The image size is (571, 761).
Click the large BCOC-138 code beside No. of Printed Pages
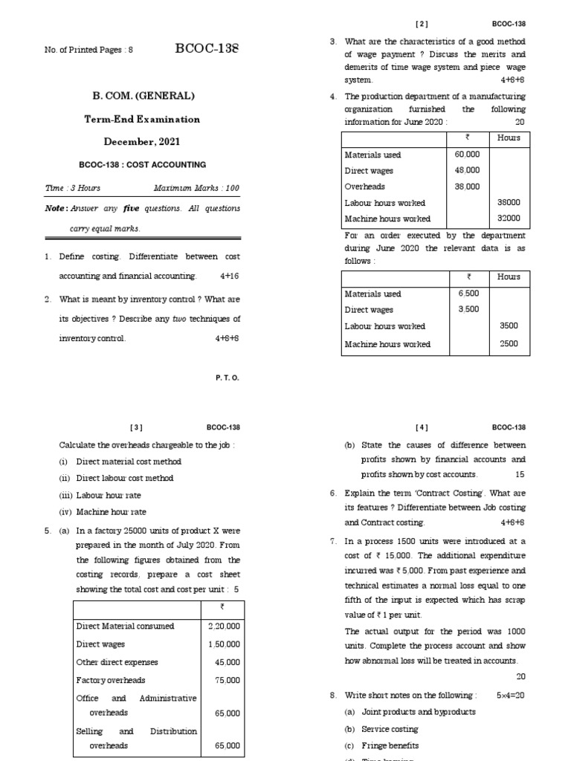[x=207, y=49]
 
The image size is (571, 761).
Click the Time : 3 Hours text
[x=73, y=188]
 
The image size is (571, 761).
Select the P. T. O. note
[x=228, y=378]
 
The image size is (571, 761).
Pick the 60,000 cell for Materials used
[x=467, y=155]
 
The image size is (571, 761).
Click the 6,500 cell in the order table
[x=468, y=294]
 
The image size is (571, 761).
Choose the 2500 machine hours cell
[x=509, y=344]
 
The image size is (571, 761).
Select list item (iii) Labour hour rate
[x=100, y=495]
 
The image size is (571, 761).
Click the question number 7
[x=333, y=541]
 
